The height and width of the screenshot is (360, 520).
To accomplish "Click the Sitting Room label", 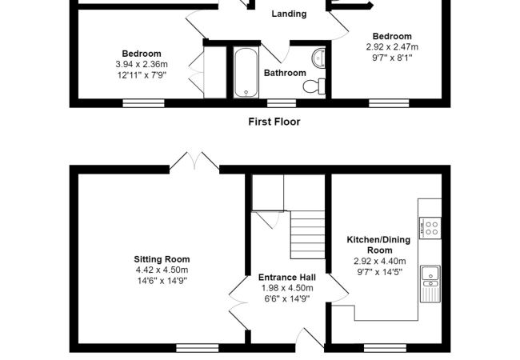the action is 162,259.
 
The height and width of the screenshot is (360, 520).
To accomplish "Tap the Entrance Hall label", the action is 287,277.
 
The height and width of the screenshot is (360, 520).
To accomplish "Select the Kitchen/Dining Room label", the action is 378,245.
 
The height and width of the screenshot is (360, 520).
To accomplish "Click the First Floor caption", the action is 274,122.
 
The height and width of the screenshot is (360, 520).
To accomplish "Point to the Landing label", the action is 289,14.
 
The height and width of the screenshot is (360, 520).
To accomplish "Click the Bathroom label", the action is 285,73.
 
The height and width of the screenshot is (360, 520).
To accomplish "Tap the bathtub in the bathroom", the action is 246,73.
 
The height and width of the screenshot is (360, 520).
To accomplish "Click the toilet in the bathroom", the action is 314,86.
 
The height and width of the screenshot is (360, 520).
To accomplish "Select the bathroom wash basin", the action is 318,58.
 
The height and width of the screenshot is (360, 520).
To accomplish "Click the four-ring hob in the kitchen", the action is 430,228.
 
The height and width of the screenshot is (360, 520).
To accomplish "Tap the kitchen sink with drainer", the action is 430,284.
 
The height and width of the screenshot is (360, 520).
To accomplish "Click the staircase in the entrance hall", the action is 308,234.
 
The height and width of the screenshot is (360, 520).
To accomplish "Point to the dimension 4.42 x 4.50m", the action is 162,270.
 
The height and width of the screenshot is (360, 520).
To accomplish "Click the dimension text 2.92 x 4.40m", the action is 380,262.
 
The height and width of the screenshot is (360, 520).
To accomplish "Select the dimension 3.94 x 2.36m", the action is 142,64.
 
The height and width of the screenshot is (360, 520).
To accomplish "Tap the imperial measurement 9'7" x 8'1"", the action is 392,58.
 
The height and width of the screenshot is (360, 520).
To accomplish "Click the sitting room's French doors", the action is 194,162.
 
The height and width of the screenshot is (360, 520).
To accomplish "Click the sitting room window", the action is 198,348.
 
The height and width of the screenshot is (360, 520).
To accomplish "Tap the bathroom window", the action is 282,103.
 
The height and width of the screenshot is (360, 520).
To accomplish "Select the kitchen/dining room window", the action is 385,348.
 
